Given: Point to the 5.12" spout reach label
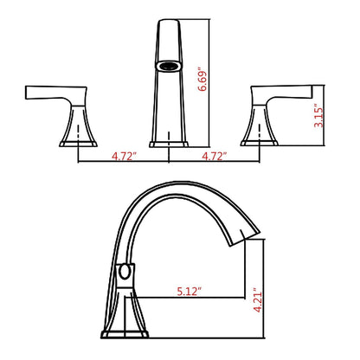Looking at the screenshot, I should [x=186, y=292].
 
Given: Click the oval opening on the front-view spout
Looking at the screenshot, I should [x=169, y=66].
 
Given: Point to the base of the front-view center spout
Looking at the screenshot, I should [x=169, y=139].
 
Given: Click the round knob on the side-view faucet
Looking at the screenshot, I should [x=126, y=274].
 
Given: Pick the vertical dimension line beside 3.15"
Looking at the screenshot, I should [x=325, y=113].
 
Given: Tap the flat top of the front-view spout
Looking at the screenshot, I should [x=169, y=22].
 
